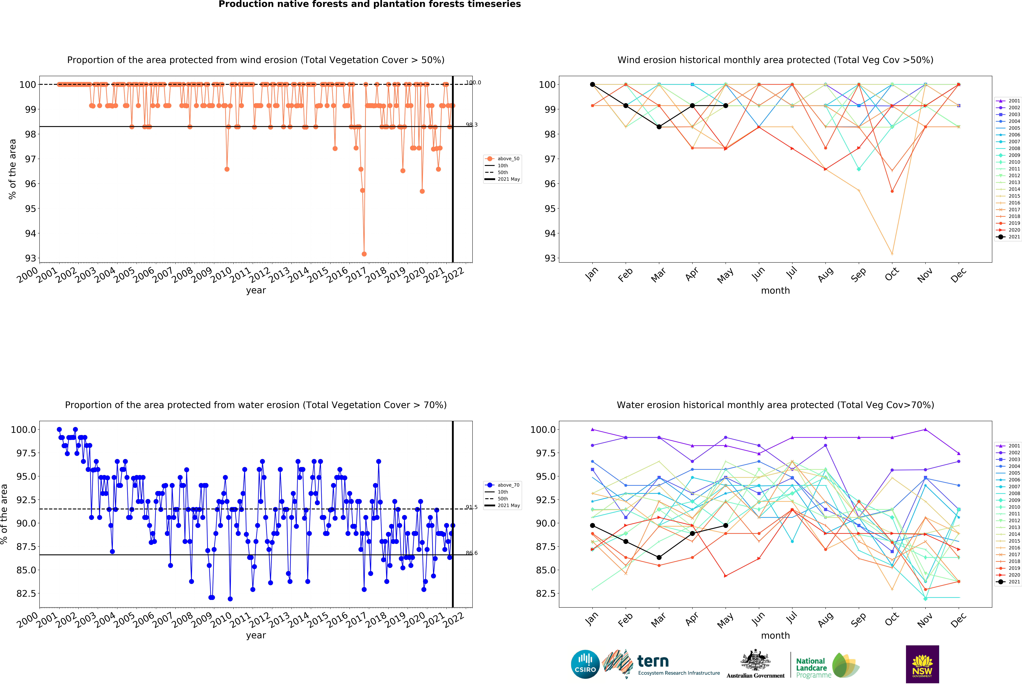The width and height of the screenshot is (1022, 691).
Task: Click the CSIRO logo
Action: pyautogui.click(x=585, y=664)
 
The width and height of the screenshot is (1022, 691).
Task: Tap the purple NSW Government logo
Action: pyautogui.click(x=922, y=664)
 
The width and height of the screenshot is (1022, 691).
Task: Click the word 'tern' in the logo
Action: pyautogui.click(x=653, y=661)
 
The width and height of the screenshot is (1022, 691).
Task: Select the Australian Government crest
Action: pyautogui.click(x=755, y=660)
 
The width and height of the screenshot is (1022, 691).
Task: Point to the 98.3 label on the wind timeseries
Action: pyautogui.click(x=471, y=125)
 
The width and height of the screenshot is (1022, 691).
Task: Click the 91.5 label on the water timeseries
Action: pyautogui.click(x=471, y=507)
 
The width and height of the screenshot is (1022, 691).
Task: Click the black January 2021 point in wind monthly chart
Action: pyautogui.click(x=592, y=84)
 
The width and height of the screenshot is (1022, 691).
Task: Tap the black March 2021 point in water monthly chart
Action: pyautogui.click(x=659, y=557)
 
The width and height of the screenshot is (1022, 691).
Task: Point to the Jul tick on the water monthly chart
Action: pyautogui.click(x=792, y=618)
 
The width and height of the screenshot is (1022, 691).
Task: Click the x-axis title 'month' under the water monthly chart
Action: pyautogui.click(x=775, y=636)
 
